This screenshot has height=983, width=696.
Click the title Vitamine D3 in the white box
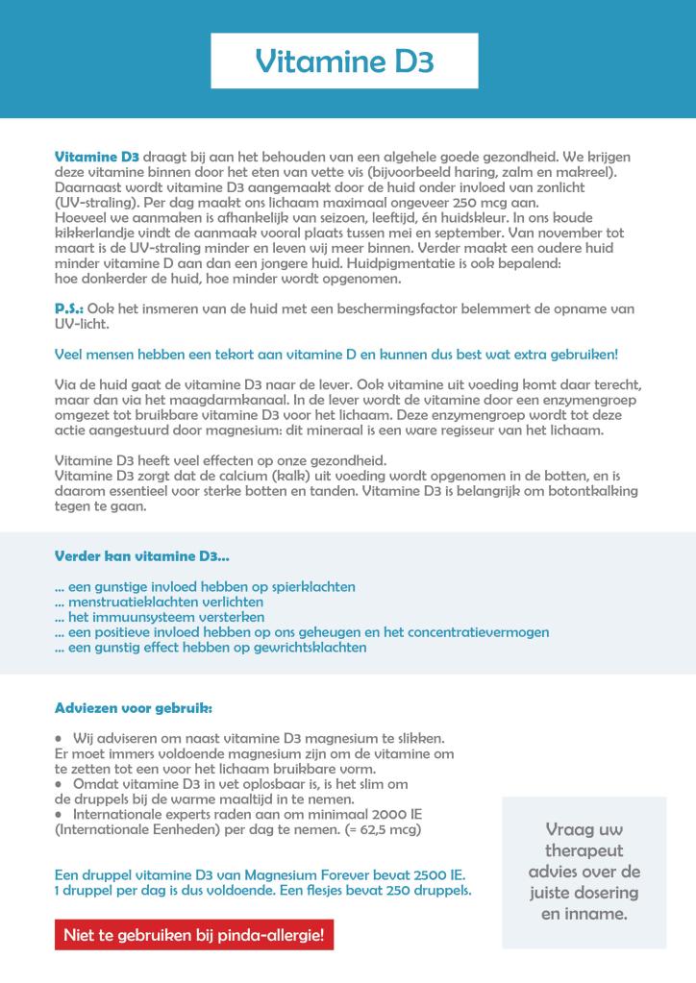[345, 61]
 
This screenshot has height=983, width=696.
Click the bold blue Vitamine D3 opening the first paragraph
[97, 156]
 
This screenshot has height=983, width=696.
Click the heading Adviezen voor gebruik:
[134, 708]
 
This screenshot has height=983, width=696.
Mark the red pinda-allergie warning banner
[194, 934]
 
